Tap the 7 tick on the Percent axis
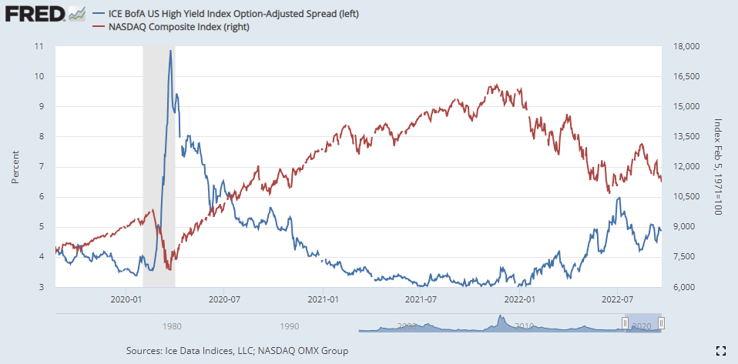(x=41, y=167)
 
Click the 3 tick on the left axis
(x=41, y=288)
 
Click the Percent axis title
(x=15, y=167)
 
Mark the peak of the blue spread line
(x=170, y=51)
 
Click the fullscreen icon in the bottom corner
(x=721, y=351)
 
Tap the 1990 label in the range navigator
(x=290, y=326)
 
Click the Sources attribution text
(x=236, y=351)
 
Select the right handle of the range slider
(x=661, y=323)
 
